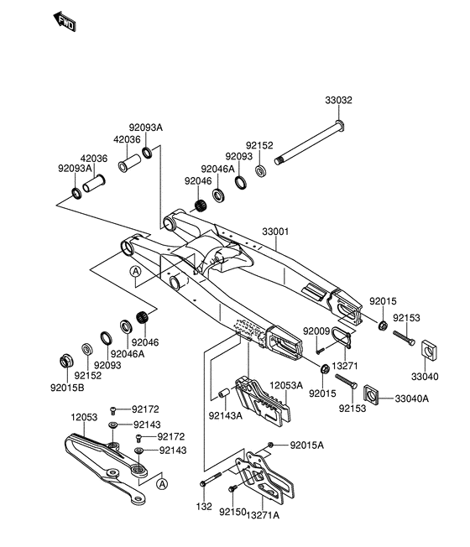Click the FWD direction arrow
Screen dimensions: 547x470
point(64,22)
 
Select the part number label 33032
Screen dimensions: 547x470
point(340,99)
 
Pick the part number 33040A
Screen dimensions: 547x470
point(412,399)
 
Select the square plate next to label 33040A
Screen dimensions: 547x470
point(373,393)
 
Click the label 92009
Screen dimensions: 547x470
point(316,331)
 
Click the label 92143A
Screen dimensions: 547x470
point(226,414)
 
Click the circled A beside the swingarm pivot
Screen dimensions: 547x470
point(134,272)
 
